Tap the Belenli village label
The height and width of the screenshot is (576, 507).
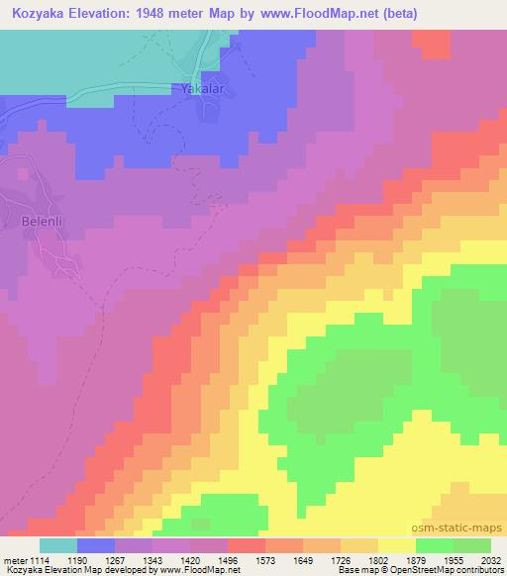click(x=42, y=223)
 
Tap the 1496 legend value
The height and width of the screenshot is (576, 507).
click(x=227, y=559)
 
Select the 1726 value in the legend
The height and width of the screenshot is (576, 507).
click(x=340, y=559)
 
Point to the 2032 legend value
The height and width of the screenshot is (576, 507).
click(x=490, y=559)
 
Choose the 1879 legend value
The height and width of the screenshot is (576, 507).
click(x=415, y=559)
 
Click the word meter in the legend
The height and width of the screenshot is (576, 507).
click(x=15, y=559)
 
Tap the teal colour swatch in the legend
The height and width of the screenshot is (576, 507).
click(x=58, y=545)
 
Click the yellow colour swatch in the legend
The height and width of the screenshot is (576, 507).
click(x=396, y=545)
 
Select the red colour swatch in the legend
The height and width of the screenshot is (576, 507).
click(x=246, y=545)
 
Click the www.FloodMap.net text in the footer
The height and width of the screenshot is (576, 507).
click(x=204, y=571)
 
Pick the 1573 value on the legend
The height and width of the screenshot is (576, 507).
click(x=264, y=559)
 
